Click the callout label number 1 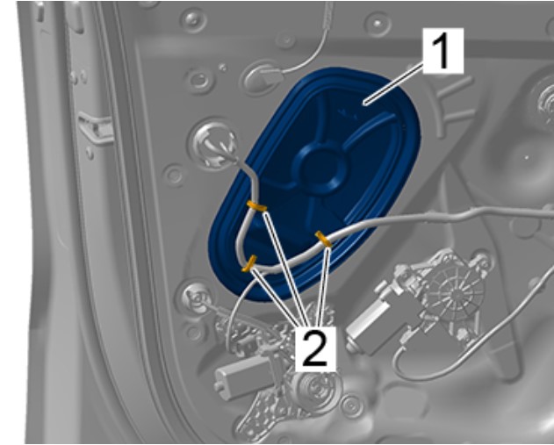(442, 51)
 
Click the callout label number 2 (315, 349)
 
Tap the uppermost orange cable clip (257, 206)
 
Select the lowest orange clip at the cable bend (249, 264)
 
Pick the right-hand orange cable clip (323, 239)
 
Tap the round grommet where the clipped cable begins (214, 144)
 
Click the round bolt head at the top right (378, 24)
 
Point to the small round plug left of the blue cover (174, 175)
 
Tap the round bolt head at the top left (193, 18)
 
